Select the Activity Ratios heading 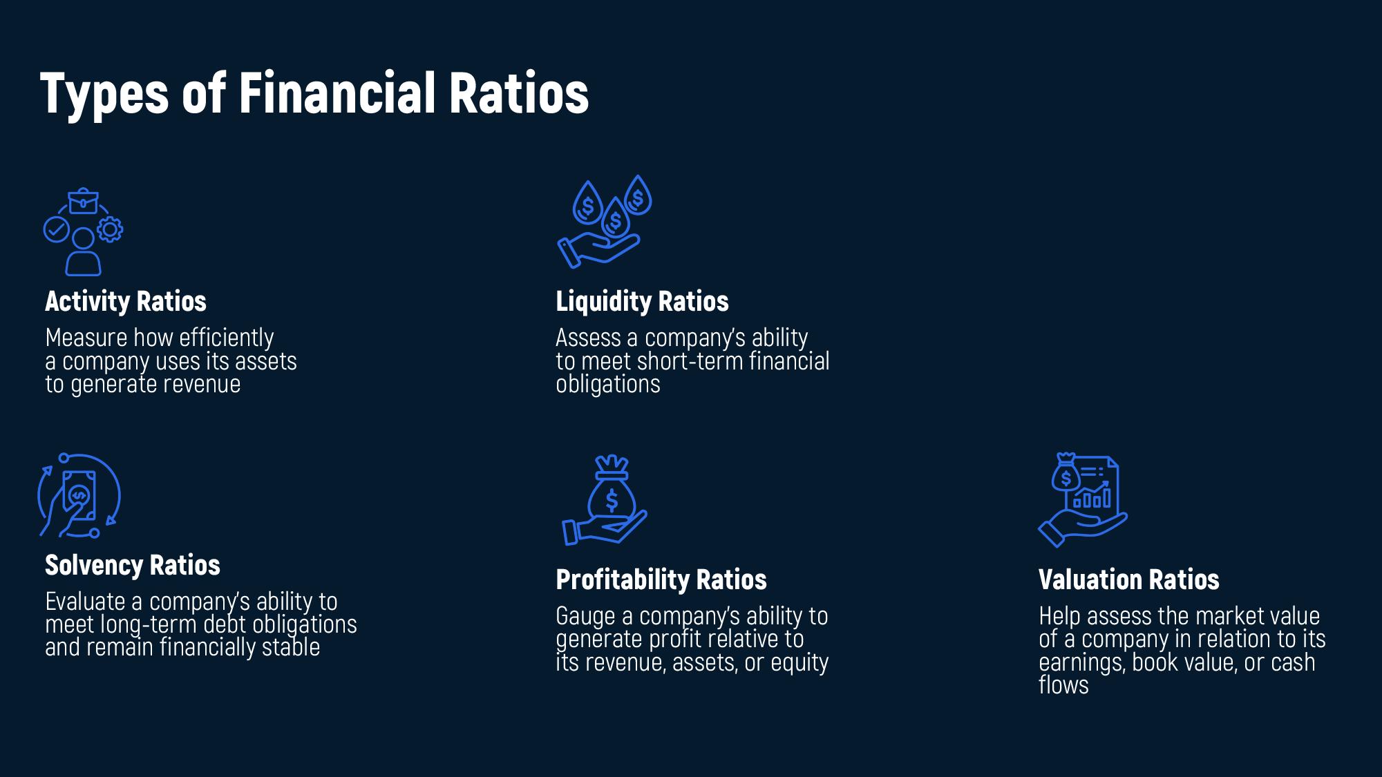126,301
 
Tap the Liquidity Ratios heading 642,301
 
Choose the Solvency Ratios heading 133,565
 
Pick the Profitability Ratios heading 661,579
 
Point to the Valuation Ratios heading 1128,579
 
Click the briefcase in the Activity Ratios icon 83,201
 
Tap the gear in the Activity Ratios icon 110,230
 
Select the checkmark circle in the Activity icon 56,229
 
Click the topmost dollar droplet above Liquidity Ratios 638,195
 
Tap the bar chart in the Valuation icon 1092,495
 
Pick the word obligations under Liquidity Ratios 608,384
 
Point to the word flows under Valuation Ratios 1063,684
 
